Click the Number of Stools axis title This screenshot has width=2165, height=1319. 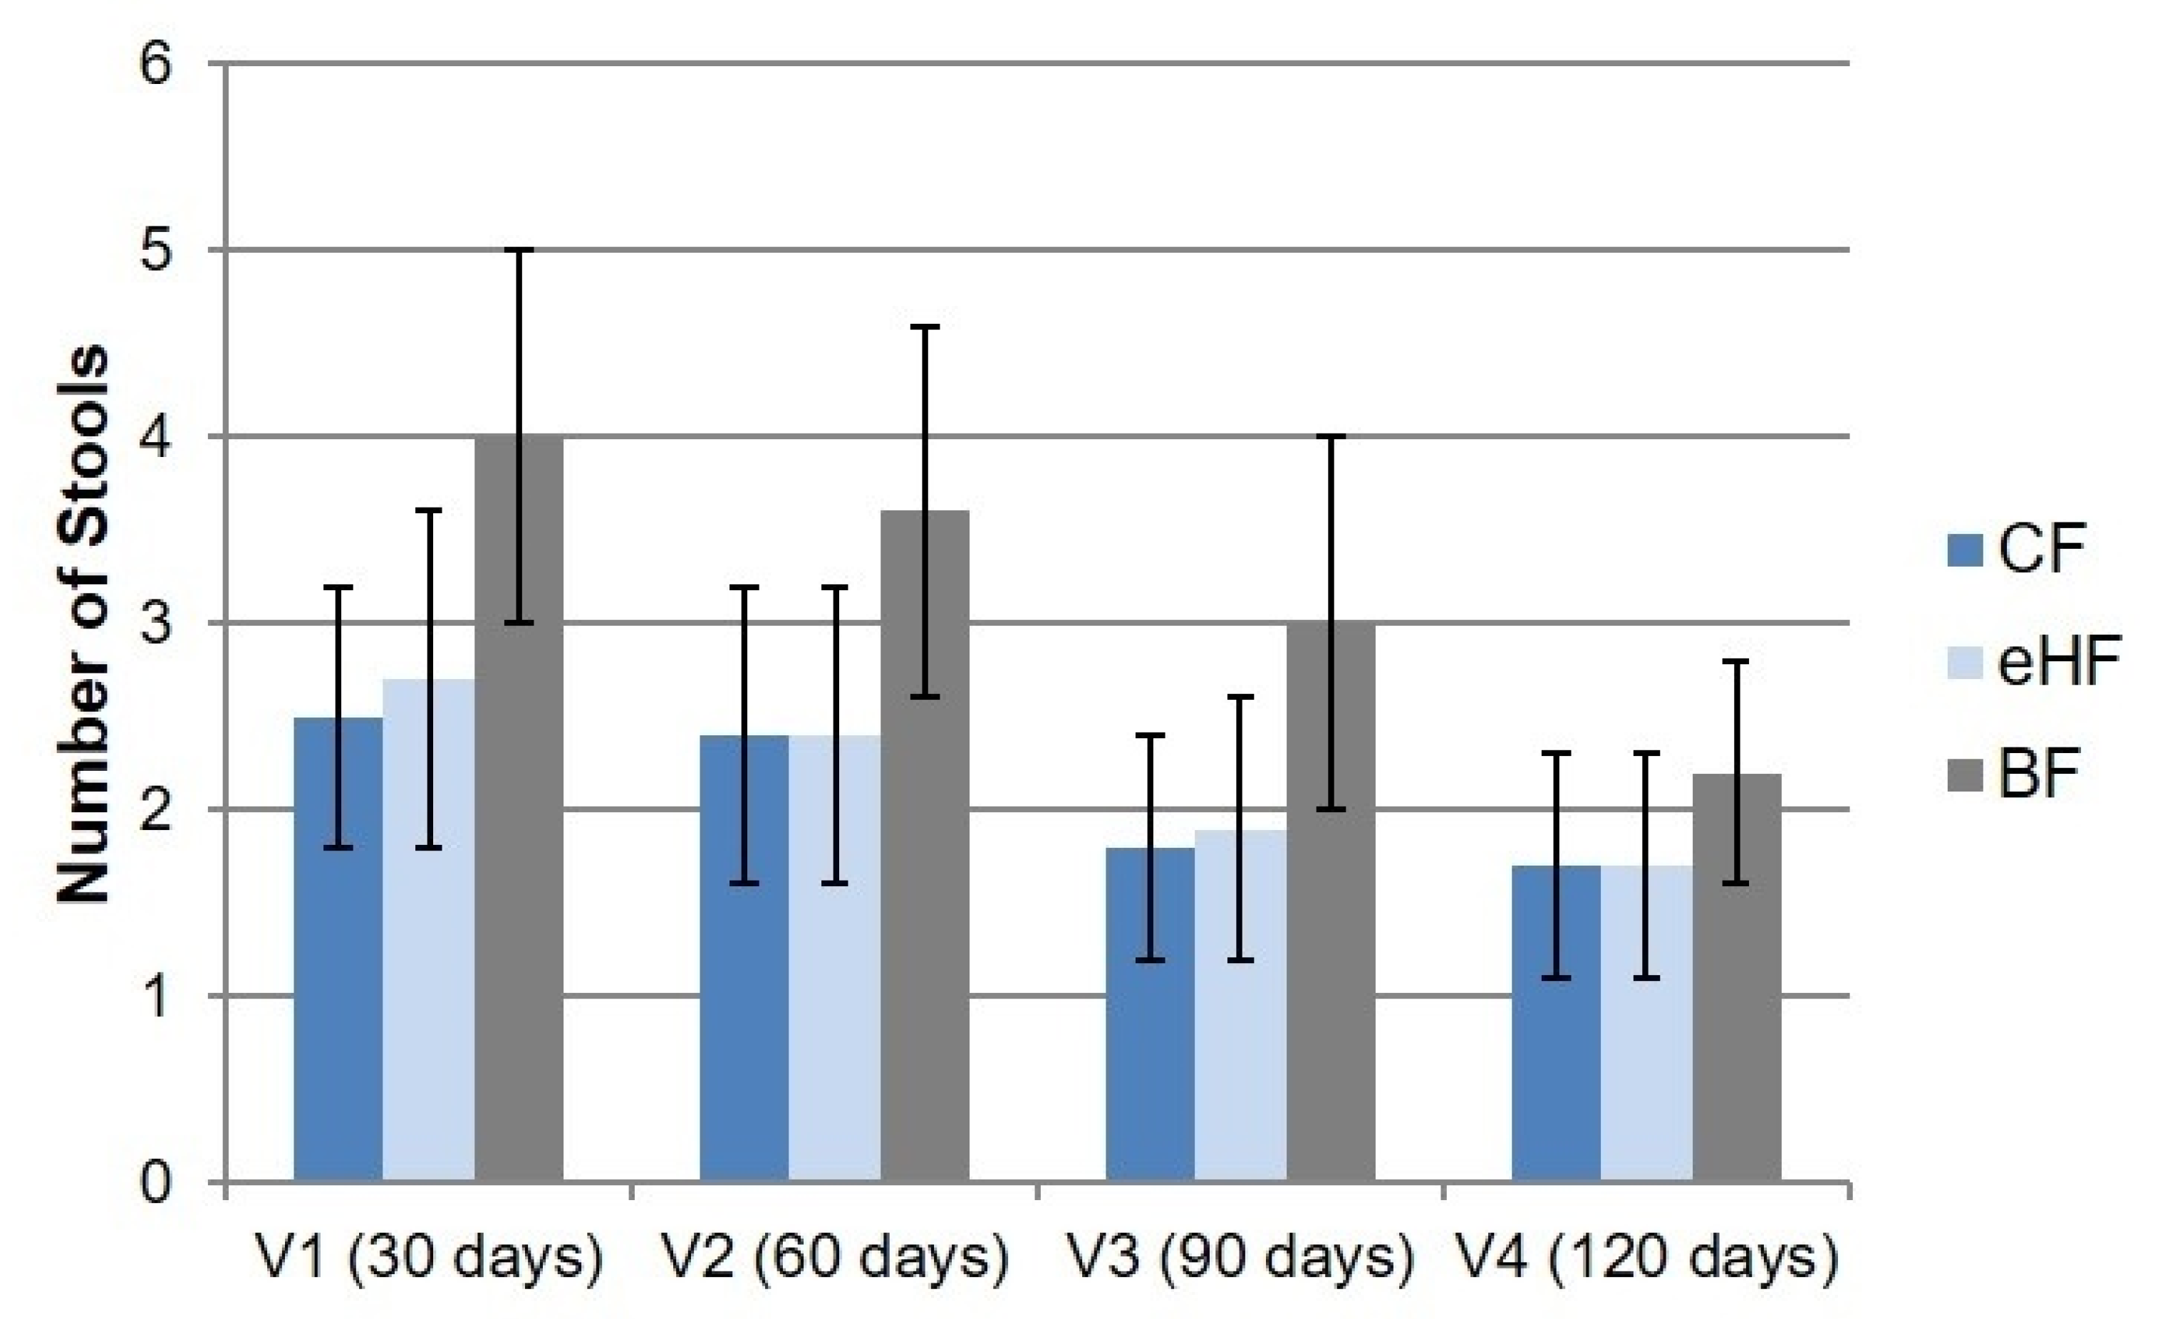click(83, 624)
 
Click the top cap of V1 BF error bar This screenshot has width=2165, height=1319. click(519, 251)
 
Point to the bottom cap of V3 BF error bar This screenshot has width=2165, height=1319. click(1331, 809)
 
